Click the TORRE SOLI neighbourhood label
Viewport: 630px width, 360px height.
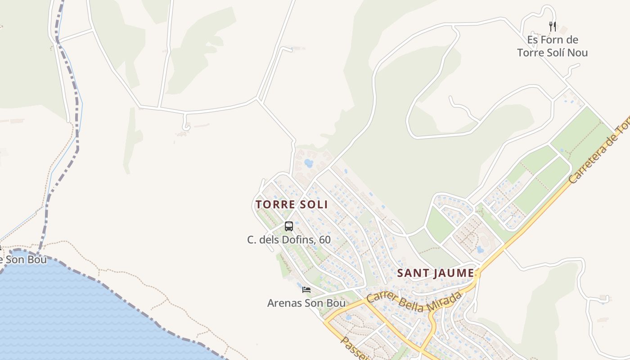tap(292, 204)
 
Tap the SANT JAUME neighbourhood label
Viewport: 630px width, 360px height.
tap(436, 273)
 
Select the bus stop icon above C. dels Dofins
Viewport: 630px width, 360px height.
tap(289, 226)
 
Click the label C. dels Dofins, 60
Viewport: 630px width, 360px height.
tap(289, 240)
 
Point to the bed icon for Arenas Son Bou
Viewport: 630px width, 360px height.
tap(306, 289)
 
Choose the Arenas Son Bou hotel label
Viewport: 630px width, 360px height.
tap(306, 303)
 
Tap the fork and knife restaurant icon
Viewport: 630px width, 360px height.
tap(553, 27)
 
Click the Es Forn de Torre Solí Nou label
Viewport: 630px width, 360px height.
tap(553, 46)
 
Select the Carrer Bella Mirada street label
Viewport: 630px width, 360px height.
tap(414, 302)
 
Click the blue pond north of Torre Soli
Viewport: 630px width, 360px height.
tap(309, 163)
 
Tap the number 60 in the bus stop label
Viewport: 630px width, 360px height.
tap(324, 240)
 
